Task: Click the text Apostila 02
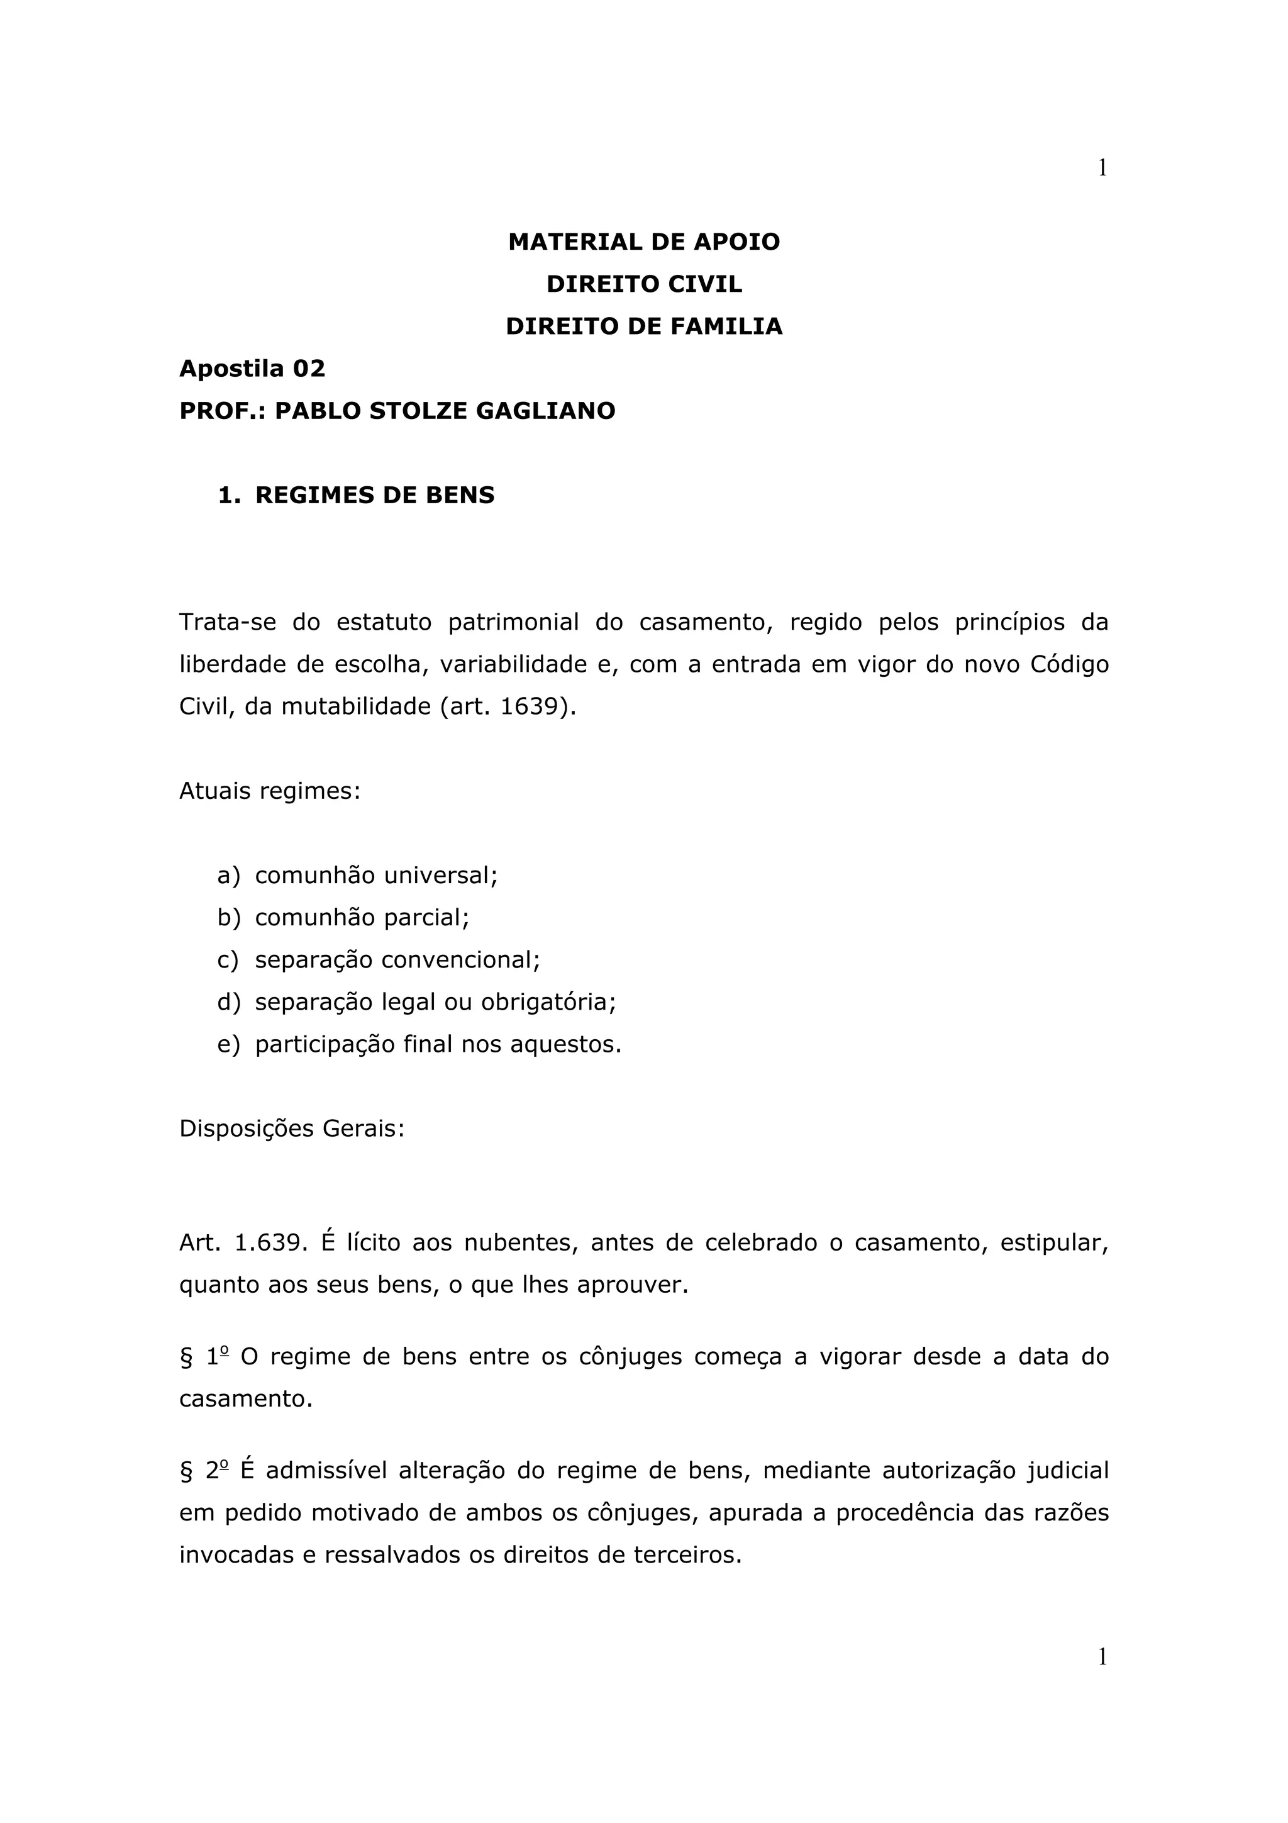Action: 252,369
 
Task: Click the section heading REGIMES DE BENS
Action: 375,496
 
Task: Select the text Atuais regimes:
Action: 270,791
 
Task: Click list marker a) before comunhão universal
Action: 228,875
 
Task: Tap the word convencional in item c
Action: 460,960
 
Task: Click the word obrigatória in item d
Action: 548,1002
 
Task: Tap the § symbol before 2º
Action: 187,1471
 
